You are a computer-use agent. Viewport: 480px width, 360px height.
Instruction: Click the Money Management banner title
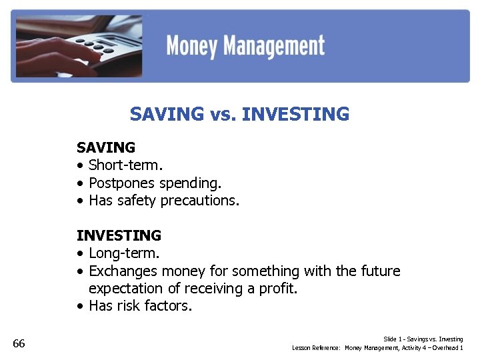point(245,47)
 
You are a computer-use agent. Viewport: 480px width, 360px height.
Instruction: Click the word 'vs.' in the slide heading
point(223,115)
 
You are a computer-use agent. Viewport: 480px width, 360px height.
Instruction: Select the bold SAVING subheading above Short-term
point(106,147)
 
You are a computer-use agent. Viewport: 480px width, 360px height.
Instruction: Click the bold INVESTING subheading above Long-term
point(119,235)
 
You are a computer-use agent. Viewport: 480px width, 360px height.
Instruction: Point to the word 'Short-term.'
point(124,165)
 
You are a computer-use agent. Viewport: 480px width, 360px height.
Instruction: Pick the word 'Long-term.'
point(124,253)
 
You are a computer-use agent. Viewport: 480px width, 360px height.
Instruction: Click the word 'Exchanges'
point(123,271)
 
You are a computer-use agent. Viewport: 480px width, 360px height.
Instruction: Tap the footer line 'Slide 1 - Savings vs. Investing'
point(423,339)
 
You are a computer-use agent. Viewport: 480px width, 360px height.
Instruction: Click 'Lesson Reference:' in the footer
point(317,348)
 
